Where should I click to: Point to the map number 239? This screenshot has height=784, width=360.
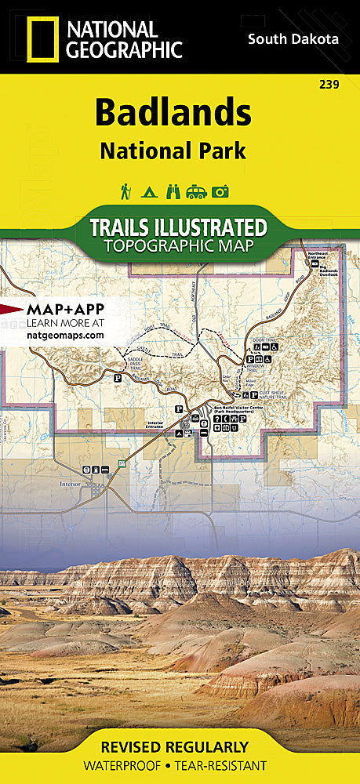[330, 84]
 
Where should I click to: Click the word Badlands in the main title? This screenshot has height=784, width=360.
[173, 113]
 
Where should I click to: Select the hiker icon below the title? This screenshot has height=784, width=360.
[125, 191]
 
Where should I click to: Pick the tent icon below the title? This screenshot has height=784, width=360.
[147, 191]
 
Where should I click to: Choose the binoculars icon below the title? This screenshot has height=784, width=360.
[172, 191]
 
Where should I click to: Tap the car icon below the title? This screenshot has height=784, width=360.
[196, 191]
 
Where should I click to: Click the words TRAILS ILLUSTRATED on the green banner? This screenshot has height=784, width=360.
[178, 227]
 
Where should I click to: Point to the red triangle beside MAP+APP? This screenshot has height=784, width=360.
[12, 308]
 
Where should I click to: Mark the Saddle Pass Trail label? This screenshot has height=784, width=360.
[135, 364]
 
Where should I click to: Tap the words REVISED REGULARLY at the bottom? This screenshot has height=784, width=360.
[180, 746]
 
